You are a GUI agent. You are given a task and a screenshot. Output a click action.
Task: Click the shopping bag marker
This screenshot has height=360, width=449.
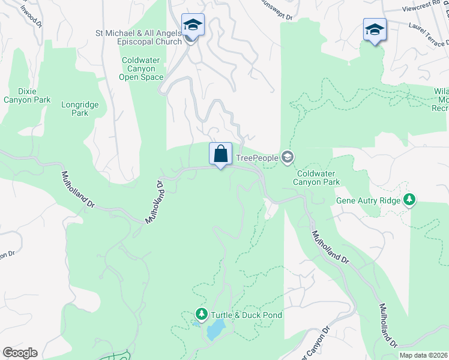pos(220,154)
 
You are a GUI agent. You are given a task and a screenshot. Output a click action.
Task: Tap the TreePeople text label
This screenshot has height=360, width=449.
pos(257,158)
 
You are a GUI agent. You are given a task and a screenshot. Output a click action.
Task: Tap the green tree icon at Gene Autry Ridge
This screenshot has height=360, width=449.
pos(410,199)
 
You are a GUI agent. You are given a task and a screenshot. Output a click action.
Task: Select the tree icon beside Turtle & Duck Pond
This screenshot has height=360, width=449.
pos(202,314)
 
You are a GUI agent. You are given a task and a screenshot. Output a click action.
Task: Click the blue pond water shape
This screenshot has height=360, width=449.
pos(215,330)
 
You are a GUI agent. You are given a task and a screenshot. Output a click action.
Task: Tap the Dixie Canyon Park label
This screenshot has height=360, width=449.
pos(27,95)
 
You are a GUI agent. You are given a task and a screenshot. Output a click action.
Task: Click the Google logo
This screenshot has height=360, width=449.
pos(20,353)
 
